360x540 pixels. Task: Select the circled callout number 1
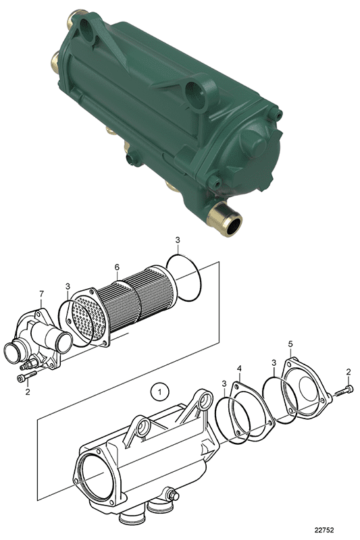[159, 390]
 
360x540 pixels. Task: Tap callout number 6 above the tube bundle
[116, 267]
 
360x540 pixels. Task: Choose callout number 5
[291, 344]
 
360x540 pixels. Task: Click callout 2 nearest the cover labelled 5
[348, 371]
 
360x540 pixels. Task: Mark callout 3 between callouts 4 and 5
[273, 363]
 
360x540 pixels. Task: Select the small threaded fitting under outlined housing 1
[175, 497]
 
